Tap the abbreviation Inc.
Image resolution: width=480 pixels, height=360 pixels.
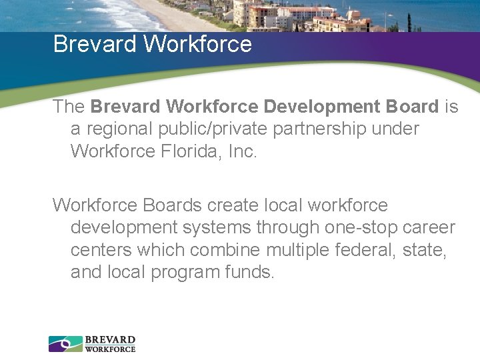[241, 151]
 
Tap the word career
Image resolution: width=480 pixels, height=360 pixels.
[430, 228]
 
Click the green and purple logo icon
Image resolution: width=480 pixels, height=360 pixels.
[65, 344]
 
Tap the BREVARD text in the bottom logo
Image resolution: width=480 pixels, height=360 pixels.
[110, 340]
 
